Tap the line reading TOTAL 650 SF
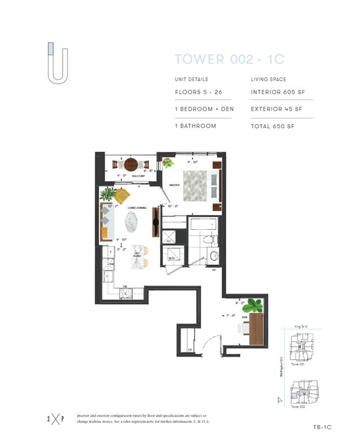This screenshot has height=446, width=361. (x=272, y=126)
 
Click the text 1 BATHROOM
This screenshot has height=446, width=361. (x=195, y=126)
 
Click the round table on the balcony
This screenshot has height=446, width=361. (x=131, y=164)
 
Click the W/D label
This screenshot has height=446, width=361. (x=172, y=259)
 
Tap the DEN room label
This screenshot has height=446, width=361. (x=244, y=317)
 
